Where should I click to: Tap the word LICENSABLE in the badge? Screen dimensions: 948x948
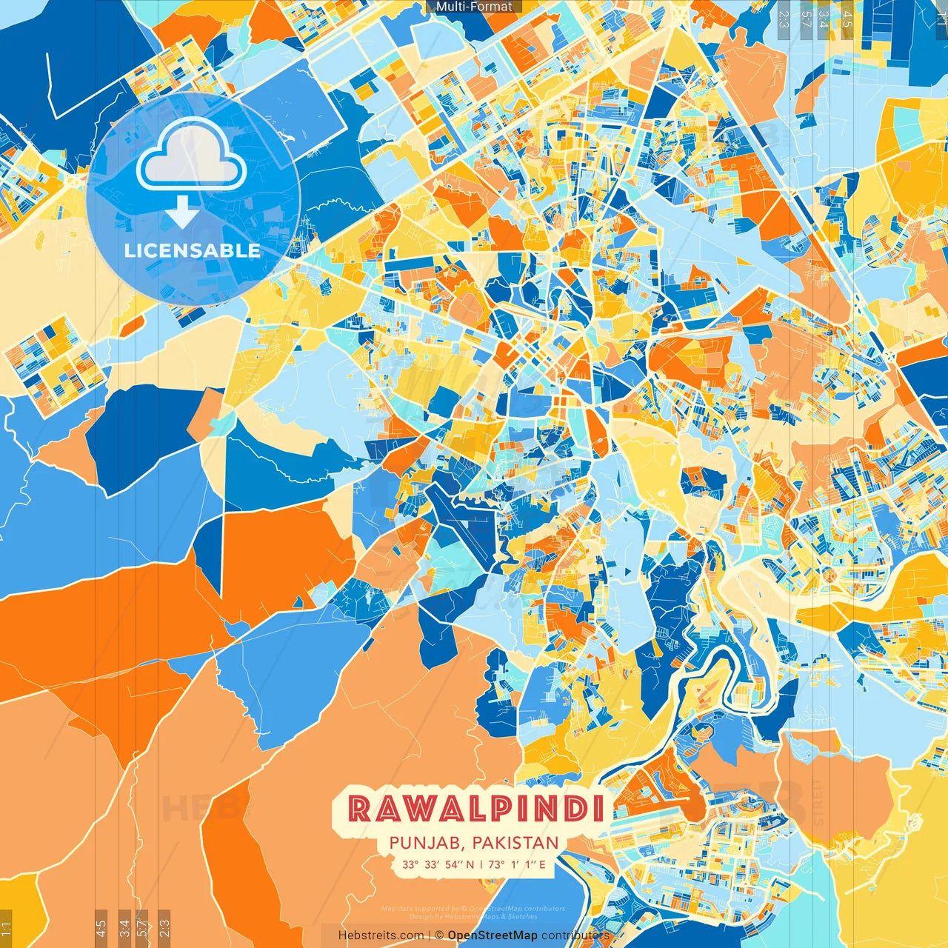pyautogui.click(x=193, y=250)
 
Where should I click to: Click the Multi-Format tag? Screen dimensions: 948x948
pyautogui.click(x=474, y=7)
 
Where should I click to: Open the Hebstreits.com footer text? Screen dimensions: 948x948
pyautogui.click(x=381, y=935)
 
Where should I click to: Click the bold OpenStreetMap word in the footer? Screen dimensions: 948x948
pyautogui.click(x=493, y=935)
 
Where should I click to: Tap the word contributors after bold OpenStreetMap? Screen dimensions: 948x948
pyautogui.click(x=575, y=935)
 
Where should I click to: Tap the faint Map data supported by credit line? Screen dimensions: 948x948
pyautogui.click(x=474, y=909)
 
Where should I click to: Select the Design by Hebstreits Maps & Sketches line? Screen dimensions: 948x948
pyautogui.click(x=474, y=916)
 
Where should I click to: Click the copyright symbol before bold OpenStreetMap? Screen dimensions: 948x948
pyautogui.click(x=439, y=935)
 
